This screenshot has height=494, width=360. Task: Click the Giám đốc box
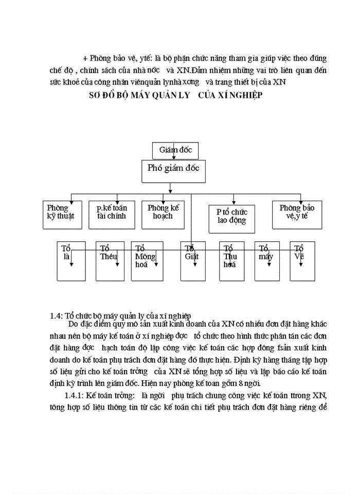175,150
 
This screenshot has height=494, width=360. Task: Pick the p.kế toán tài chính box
112,214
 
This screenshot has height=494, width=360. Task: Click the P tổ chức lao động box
231,217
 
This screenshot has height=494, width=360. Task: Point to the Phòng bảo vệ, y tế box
297,214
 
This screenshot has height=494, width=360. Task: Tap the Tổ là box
71,261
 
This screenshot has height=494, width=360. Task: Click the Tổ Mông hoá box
147,261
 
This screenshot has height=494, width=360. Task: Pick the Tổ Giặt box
193,261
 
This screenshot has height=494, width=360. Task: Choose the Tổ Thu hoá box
231,261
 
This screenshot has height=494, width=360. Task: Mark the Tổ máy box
267,261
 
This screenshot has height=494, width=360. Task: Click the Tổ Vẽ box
302,261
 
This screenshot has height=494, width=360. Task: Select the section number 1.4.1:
73,395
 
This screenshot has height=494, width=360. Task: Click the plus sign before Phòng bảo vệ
85,59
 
